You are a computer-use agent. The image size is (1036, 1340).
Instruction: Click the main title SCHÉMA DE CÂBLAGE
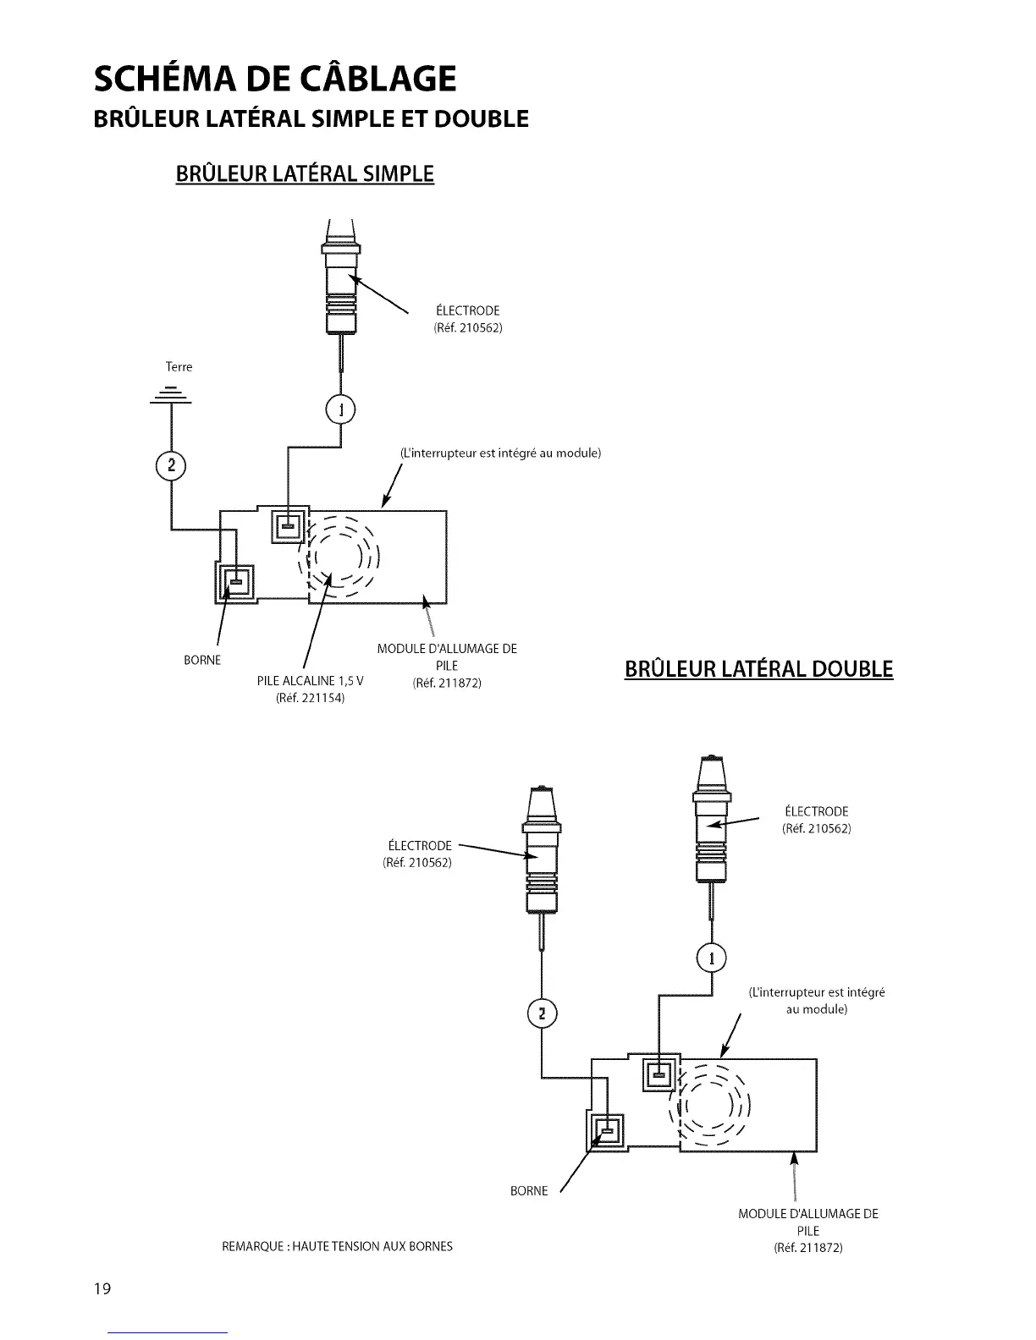coord(275,78)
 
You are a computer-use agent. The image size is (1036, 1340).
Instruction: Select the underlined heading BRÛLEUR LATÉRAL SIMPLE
coord(305,173)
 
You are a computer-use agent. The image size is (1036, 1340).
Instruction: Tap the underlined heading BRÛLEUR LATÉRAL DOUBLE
coord(758,669)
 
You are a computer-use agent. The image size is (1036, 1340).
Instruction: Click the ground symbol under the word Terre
coord(171,395)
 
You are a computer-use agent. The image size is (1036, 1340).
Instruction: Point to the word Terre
coord(179,367)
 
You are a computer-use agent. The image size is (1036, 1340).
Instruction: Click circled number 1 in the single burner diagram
coord(340,410)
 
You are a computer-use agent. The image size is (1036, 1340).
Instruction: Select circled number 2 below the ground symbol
coord(171,465)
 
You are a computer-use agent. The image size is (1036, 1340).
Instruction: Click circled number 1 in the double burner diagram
coord(711,958)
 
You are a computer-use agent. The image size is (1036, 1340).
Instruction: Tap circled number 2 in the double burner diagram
coord(543,1013)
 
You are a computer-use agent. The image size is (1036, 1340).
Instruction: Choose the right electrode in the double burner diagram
coord(712,825)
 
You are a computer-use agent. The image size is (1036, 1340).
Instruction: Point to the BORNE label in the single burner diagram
coord(202,660)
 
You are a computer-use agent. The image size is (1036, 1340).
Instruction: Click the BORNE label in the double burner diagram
coord(529,1191)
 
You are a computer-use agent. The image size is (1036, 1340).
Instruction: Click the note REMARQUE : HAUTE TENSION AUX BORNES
coord(337,1246)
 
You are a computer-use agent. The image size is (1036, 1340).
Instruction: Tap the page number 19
coord(102,1289)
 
